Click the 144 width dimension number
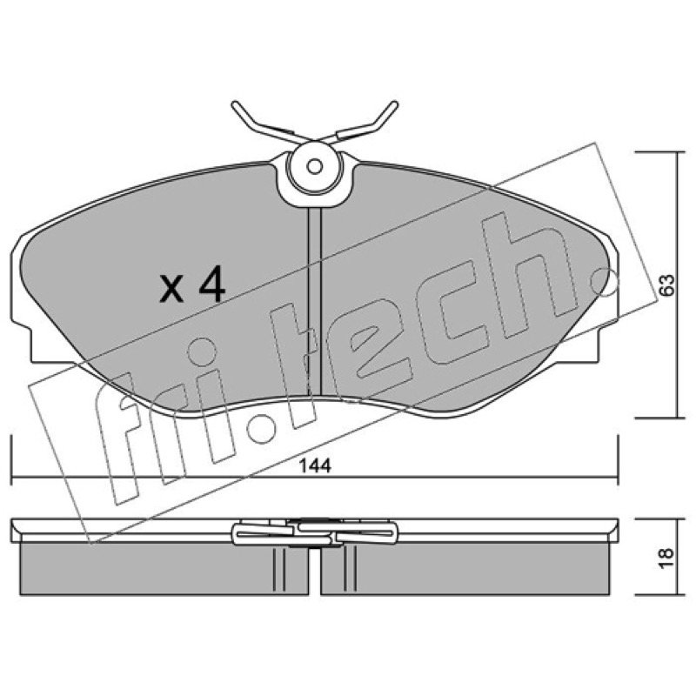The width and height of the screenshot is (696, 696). [x=315, y=466]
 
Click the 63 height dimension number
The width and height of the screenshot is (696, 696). [x=666, y=285]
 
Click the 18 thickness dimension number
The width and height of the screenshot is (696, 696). [x=666, y=559]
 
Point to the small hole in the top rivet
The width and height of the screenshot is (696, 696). [x=315, y=167]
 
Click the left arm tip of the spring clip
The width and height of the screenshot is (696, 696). [x=235, y=105]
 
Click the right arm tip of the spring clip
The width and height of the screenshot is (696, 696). [x=394, y=105]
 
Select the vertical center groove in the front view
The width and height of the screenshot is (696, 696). [x=314, y=301]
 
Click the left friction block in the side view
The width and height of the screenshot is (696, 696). [x=164, y=569]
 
